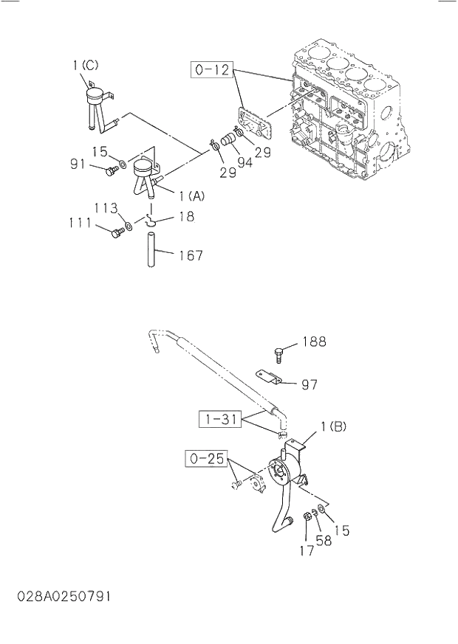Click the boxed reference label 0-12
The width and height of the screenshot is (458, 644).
tap(213, 71)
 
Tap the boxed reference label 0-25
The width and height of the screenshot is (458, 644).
tap(206, 459)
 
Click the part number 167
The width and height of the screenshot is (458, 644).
tap(190, 255)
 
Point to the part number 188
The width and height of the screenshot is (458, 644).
tap(314, 342)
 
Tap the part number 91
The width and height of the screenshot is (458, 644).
tap(78, 164)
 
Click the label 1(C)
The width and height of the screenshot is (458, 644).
tap(85, 66)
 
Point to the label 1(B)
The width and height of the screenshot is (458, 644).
tap(334, 426)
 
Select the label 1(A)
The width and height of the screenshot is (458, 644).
tap(191, 195)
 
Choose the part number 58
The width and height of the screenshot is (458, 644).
tap(324, 541)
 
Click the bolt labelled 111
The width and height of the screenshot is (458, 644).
tap(116, 233)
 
